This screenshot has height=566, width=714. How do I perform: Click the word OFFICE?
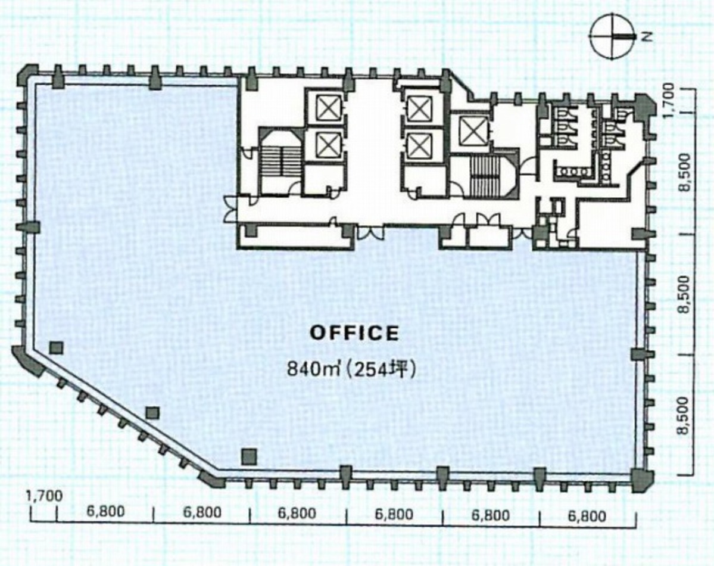coord(354,333)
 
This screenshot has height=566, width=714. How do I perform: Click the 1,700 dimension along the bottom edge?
coord(44,495)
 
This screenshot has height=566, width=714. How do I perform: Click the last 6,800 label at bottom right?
coord(587,515)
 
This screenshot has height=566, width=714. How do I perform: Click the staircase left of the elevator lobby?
coord(279,162)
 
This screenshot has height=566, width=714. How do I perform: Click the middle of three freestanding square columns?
coord(153,412)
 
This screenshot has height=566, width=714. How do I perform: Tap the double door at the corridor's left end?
coord(229,209)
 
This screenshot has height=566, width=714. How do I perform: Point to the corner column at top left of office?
coord(28,76)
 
